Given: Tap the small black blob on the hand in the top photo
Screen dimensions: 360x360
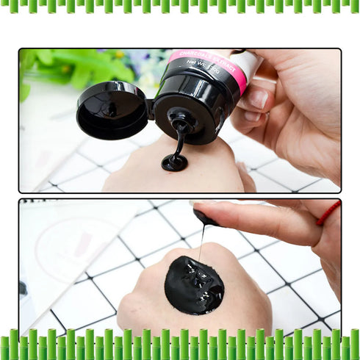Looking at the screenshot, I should click(x=174, y=163).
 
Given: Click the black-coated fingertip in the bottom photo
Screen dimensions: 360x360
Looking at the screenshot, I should click(x=205, y=218).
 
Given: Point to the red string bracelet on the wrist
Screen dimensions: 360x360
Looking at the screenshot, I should click(x=328, y=213).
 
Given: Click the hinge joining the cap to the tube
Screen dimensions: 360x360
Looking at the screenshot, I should click(x=150, y=109).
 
